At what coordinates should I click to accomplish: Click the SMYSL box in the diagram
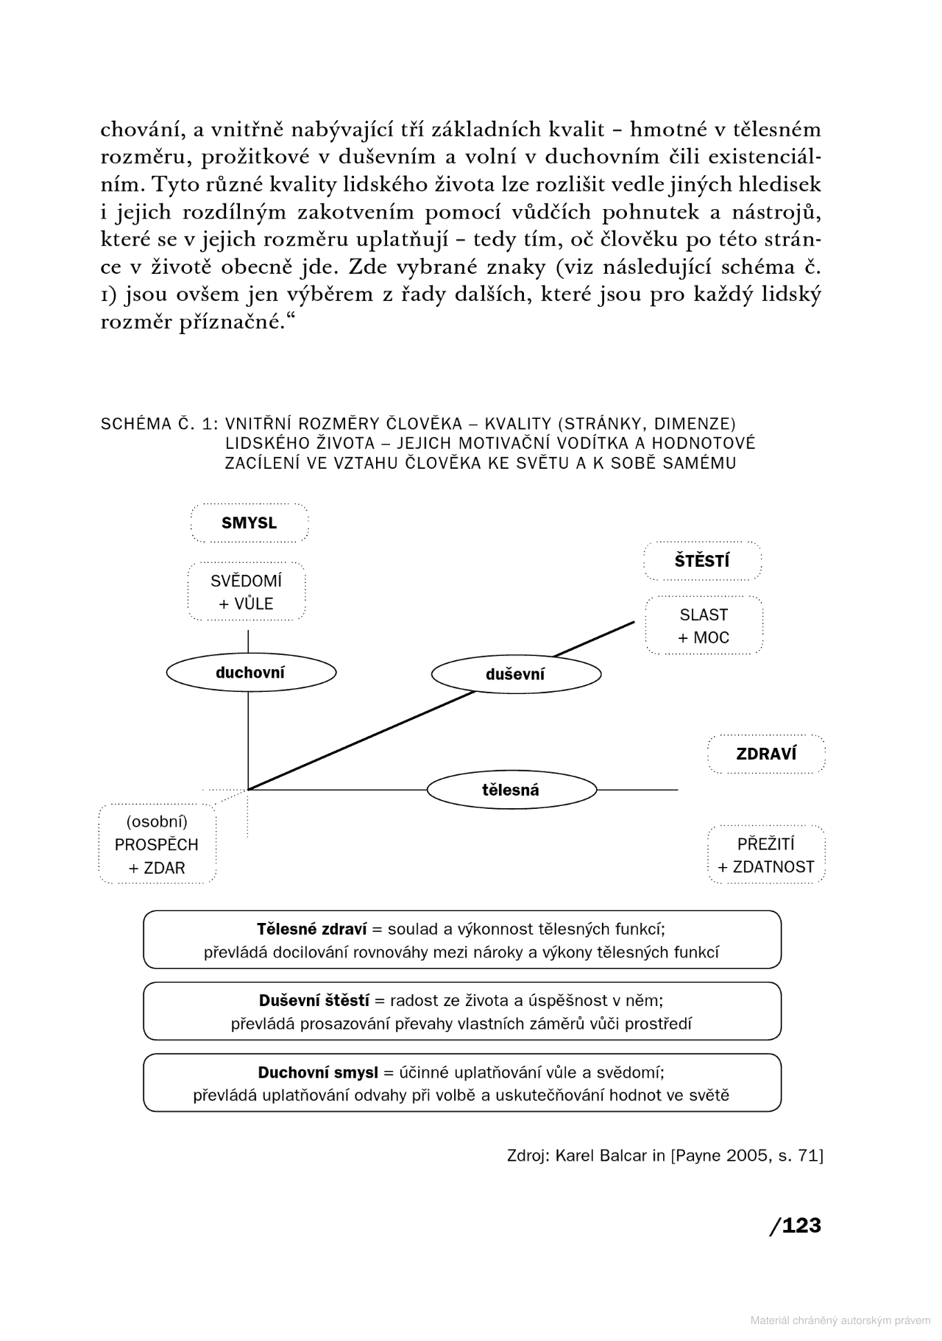coord(249,523)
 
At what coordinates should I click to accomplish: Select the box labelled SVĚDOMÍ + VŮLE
coord(247,592)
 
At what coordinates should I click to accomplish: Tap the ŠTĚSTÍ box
coord(702,561)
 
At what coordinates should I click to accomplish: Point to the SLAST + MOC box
coord(704,626)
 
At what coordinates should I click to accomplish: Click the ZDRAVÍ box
coord(766,754)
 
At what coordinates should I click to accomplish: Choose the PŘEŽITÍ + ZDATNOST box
coord(766,855)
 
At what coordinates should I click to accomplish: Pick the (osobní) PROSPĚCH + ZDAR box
coord(157,844)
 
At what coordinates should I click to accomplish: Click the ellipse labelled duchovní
coord(250,672)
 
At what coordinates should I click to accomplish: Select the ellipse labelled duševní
coord(515,674)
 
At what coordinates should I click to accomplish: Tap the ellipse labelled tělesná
coord(511,790)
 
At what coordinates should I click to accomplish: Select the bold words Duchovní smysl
coord(317,1072)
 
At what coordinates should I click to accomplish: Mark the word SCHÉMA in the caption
coord(135,424)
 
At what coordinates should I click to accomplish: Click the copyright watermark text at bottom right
coord(840,1320)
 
